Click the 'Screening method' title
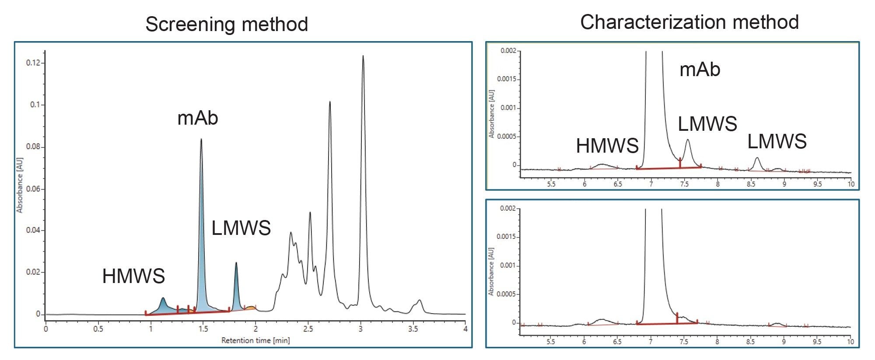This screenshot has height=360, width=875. coord(227,24)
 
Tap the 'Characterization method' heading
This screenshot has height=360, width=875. coord(689,22)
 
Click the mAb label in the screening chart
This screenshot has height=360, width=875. coord(197,118)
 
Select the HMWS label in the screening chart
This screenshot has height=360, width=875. coord(133,276)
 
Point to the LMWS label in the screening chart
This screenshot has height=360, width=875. coord(241,228)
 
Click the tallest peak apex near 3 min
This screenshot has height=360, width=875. coord(363,56)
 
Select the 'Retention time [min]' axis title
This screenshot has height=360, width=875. coord(255,340)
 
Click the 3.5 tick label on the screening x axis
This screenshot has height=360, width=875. coord(413,329)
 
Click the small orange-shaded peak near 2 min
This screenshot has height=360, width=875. coord(250,308)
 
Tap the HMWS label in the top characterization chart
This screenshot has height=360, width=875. coord(607,146)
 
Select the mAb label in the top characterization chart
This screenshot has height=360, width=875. coord(700,70)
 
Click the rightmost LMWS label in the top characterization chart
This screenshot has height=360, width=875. coord(777,141)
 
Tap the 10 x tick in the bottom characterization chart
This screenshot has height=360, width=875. coord(850,342)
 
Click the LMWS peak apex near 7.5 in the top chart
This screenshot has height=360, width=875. coord(688,140)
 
